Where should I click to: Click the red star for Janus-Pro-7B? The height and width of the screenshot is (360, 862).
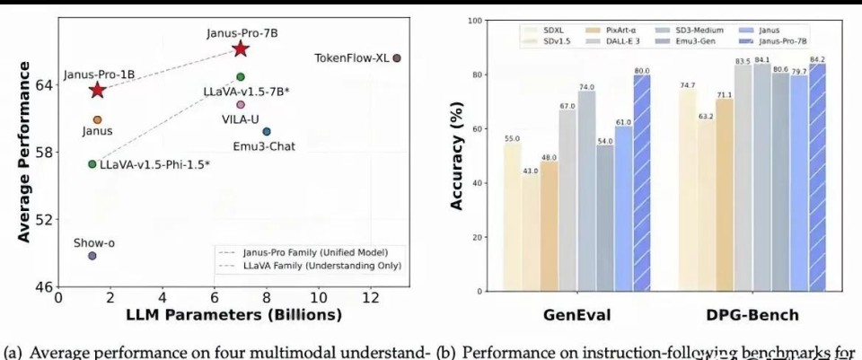click(241, 48)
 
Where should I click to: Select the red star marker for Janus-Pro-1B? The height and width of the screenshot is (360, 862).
click(97, 90)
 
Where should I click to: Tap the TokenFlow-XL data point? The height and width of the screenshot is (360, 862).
click(397, 57)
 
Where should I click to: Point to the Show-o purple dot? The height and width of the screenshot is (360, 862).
click(92, 256)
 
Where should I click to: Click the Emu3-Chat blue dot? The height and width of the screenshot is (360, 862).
click(267, 132)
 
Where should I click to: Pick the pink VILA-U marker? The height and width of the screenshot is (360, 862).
click(241, 105)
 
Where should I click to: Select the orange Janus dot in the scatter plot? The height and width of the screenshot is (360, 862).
click(97, 119)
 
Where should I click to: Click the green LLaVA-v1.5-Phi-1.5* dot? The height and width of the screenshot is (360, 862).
click(92, 164)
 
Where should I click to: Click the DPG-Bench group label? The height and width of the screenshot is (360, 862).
click(752, 315)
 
